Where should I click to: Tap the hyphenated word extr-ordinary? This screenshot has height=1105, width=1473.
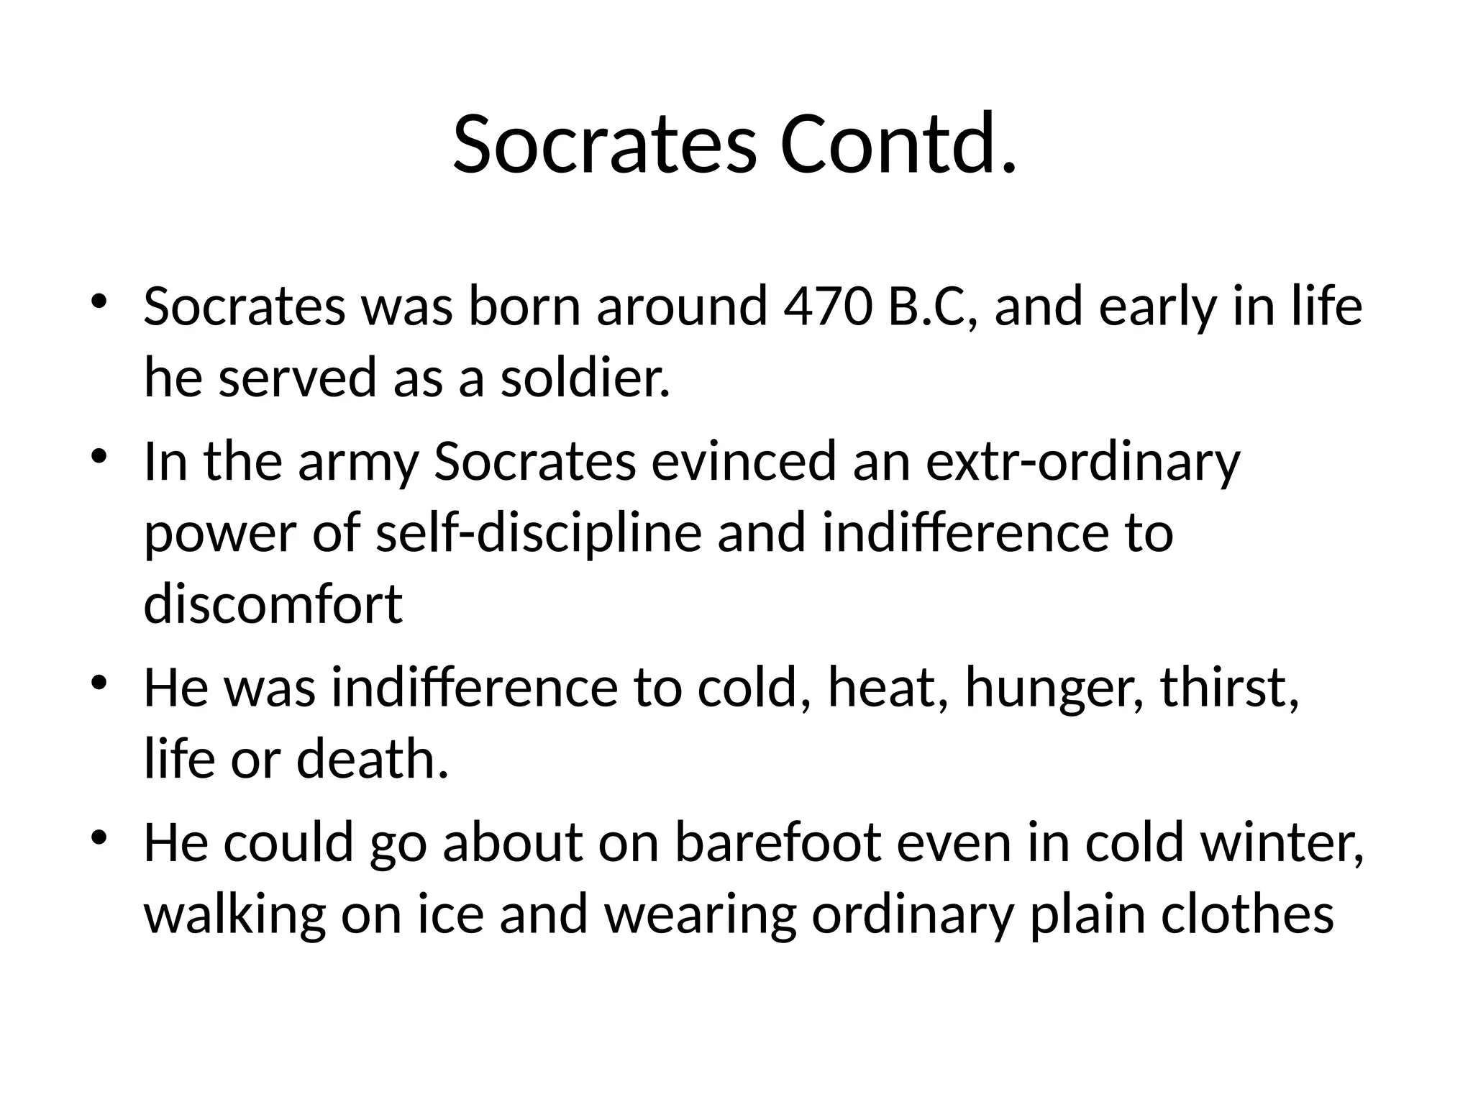click(1082, 463)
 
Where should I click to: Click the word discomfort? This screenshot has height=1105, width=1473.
click(273, 604)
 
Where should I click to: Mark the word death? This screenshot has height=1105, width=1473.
click(373, 759)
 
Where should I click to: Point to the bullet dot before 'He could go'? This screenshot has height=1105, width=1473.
click(99, 837)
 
